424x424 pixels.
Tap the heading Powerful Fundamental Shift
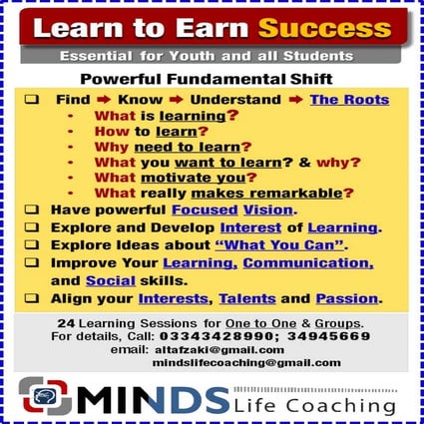tap(213, 79)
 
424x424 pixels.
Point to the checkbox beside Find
tap(33, 100)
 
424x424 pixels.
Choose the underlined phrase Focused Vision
tap(245, 210)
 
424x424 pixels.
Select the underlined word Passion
tap(349, 297)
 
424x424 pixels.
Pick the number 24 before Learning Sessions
tap(65, 324)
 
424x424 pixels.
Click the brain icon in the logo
tap(45, 394)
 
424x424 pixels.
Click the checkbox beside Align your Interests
tap(33, 297)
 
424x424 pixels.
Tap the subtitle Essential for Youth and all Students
tap(206, 57)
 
